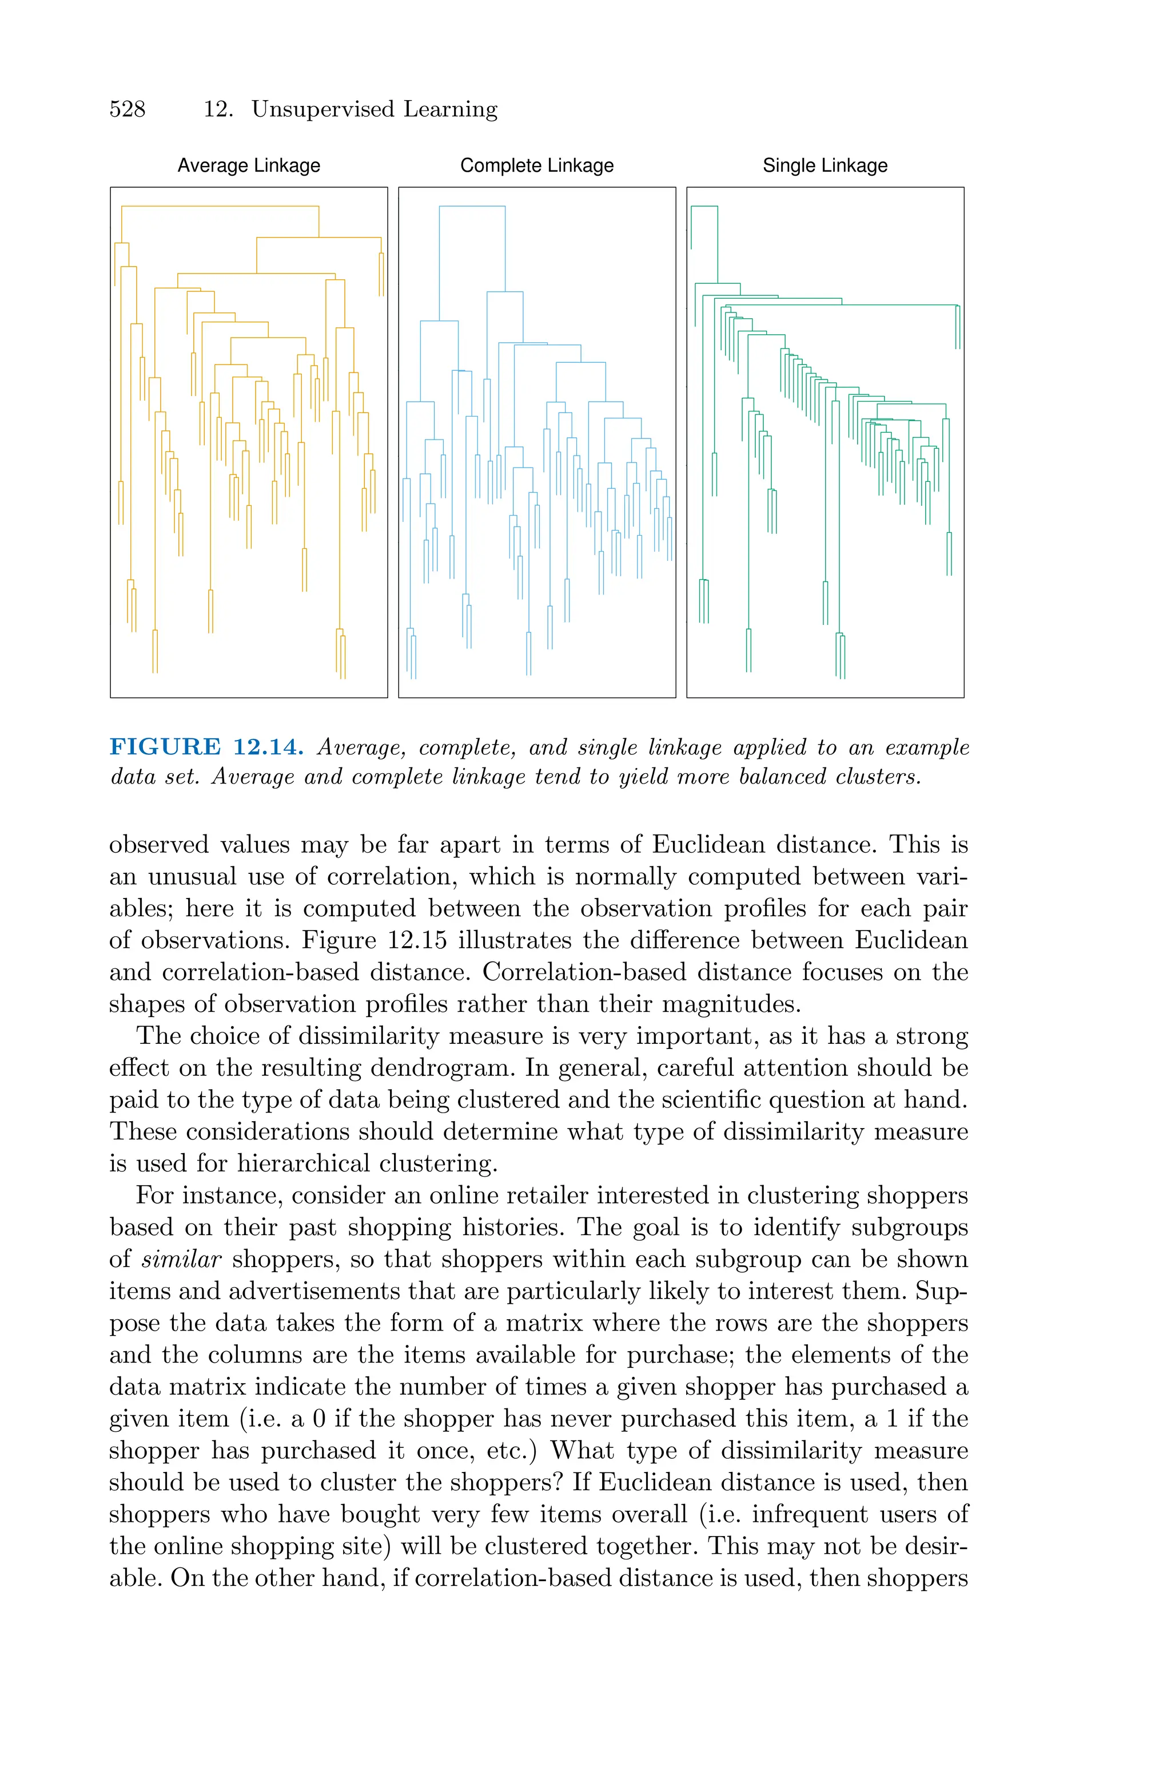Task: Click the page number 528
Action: [x=127, y=109]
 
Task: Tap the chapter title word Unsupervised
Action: [x=322, y=109]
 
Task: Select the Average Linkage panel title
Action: [x=249, y=166]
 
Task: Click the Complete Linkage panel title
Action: [x=537, y=166]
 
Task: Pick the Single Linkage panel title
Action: [x=825, y=166]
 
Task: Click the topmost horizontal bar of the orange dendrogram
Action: [x=220, y=206]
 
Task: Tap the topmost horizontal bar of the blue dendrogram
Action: [x=472, y=206]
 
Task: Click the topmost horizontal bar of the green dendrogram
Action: [x=704, y=206]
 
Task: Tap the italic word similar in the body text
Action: [x=181, y=1260]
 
